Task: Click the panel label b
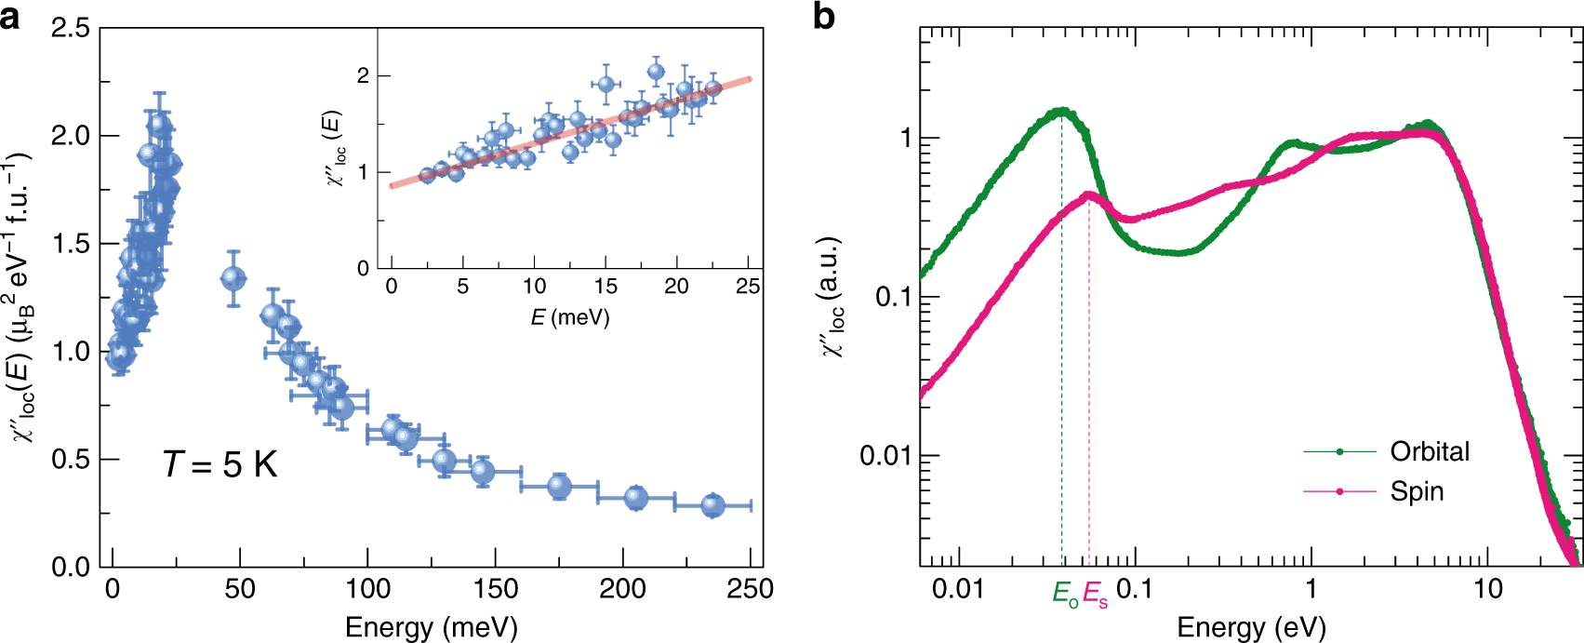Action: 824,16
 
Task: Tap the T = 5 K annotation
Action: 220,463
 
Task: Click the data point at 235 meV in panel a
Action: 712,505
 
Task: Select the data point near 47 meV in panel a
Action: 233,278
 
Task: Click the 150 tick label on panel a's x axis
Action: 496,589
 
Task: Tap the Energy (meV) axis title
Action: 431,627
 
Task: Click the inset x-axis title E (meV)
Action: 569,317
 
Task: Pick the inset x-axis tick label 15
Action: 606,287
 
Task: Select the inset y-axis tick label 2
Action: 363,75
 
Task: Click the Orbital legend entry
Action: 1430,451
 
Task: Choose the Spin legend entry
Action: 1417,491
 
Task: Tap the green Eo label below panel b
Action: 1066,593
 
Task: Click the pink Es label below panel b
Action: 1095,593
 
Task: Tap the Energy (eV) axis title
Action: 1251,627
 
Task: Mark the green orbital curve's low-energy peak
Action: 1061,112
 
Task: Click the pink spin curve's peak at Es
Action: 1089,195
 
